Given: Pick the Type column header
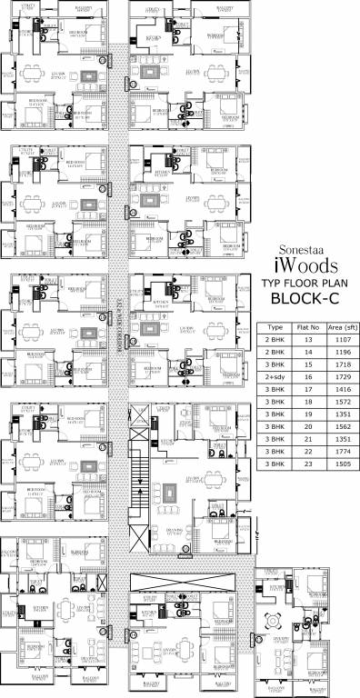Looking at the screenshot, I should click(x=275, y=325).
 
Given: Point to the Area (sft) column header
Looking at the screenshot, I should click(x=338, y=325).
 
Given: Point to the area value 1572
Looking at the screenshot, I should click(x=338, y=400).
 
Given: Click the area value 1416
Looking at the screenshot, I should click(x=338, y=387).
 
